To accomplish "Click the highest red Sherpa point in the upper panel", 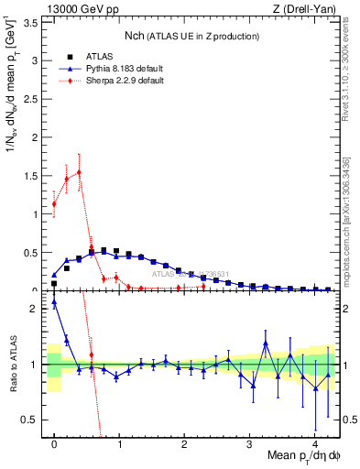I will [79, 171].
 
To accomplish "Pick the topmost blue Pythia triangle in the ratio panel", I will [54, 302].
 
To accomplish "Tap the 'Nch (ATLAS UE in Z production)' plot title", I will [191, 37].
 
